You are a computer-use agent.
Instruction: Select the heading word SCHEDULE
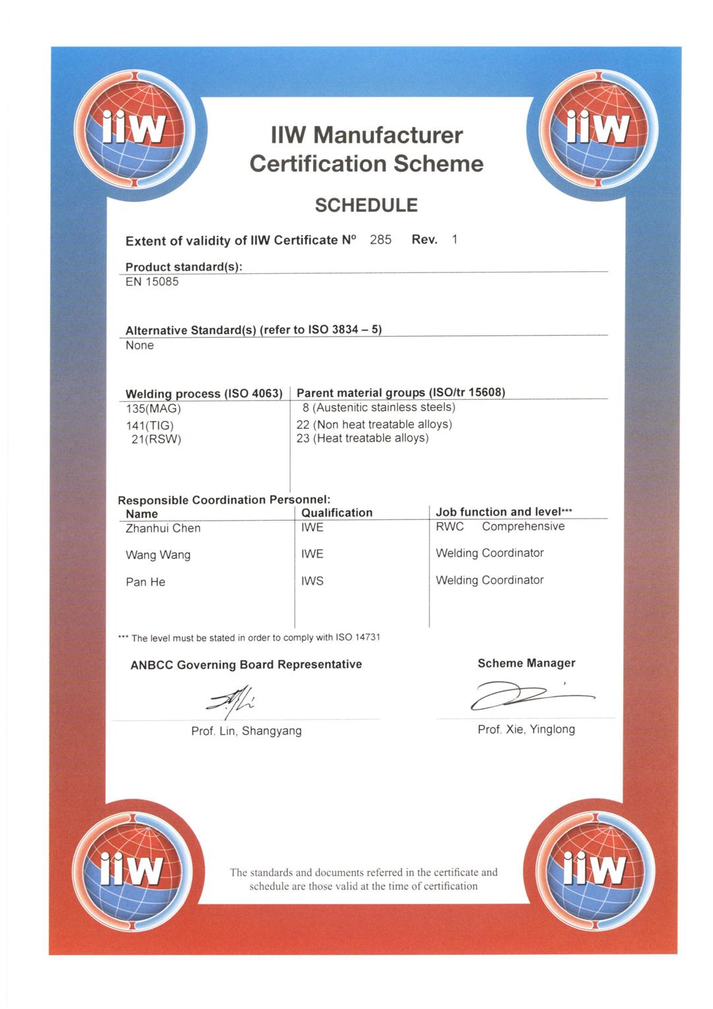pos(366,205)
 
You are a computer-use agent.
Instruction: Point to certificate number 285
pos(380,240)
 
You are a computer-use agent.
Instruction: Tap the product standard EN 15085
pos(152,282)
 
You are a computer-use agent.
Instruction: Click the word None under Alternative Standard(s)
pos(139,345)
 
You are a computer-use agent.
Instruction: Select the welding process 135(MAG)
pos(153,408)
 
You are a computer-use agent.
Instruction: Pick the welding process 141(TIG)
pos(150,426)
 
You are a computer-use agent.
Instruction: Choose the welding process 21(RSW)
pos(156,439)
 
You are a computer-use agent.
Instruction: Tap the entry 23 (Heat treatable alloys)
pos(362,438)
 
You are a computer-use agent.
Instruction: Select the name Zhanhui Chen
pos(163,528)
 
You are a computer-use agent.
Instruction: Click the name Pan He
pos(145,582)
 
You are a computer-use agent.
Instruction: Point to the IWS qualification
pos(312,581)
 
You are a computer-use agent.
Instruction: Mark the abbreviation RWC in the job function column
pos(450,527)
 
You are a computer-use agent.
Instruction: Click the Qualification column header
pos(337,513)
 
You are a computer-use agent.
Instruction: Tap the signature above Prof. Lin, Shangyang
pos(230,703)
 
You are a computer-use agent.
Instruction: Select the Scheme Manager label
pos(526,663)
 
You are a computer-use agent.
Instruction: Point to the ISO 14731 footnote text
pos(249,637)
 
